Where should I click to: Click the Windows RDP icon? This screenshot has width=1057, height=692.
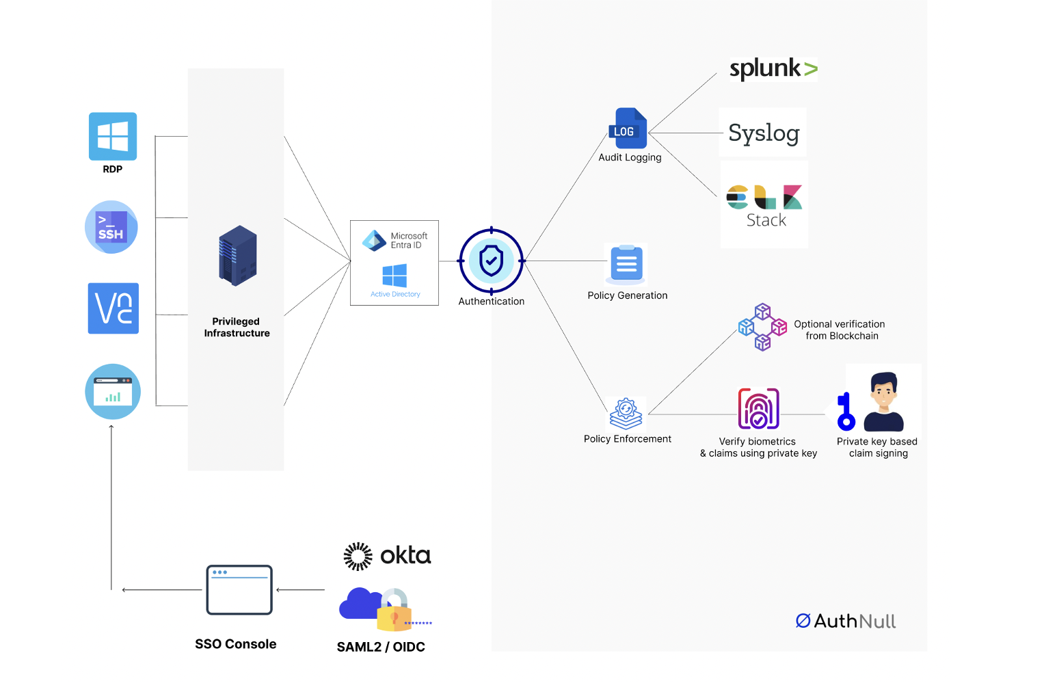(x=113, y=136)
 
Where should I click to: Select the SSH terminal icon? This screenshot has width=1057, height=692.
(x=111, y=227)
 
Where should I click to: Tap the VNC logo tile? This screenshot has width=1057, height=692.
(x=113, y=308)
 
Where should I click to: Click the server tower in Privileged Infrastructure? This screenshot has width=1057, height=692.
(x=237, y=256)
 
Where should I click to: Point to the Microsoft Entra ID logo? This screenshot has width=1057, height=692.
(x=375, y=241)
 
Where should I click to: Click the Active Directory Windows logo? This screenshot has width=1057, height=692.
(x=394, y=276)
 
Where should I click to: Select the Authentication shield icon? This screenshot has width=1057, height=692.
(x=491, y=261)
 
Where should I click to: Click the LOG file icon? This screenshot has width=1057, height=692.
(x=628, y=128)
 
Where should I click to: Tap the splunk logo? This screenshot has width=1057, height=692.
(x=773, y=68)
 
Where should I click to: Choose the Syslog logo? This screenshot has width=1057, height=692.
(x=764, y=133)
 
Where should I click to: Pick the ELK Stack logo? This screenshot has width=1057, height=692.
(x=764, y=204)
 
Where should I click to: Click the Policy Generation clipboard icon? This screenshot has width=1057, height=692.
(x=626, y=264)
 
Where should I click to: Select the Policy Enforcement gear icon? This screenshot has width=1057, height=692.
(x=626, y=413)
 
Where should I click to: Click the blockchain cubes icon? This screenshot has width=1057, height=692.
(x=762, y=327)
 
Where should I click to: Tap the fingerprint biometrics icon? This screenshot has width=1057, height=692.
(x=758, y=408)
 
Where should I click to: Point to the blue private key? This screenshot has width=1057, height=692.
(x=846, y=412)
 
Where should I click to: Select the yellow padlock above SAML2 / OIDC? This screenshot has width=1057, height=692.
(x=393, y=611)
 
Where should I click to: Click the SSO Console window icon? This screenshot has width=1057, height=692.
(x=239, y=589)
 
